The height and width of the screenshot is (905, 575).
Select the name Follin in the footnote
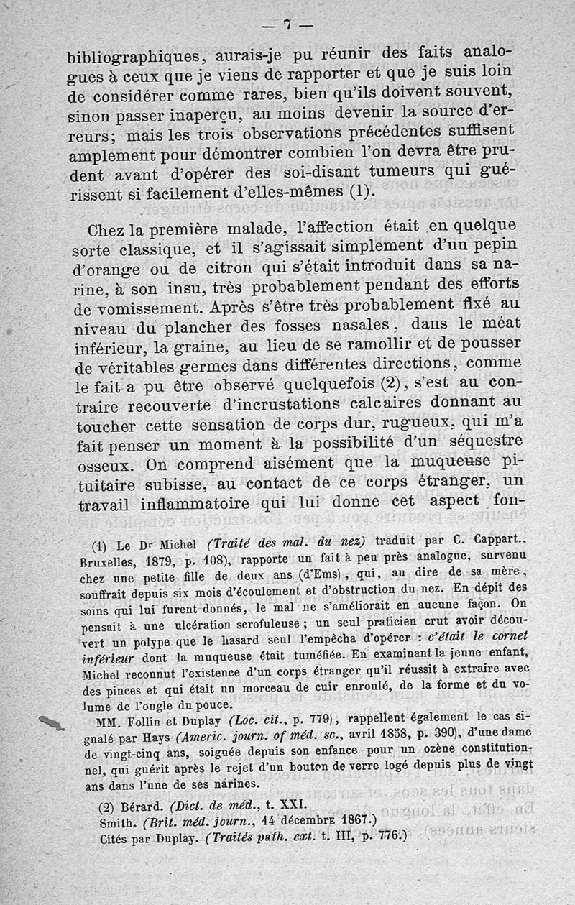(x=145, y=720)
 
